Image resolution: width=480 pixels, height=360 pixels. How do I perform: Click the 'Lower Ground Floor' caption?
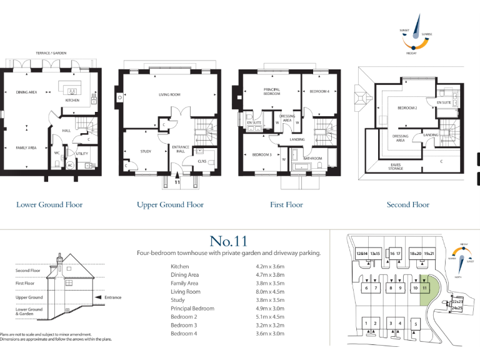[x=49, y=204]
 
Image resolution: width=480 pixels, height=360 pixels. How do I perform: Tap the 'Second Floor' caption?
[x=407, y=204]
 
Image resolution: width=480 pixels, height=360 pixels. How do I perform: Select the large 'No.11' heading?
[x=228, y=241]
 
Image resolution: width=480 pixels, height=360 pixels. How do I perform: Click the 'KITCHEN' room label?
[x=72, y=100]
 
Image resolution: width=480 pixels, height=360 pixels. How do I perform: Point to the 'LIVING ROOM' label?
[x=169, y=95]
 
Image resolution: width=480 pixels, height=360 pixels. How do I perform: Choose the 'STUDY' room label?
[x=146, y=151]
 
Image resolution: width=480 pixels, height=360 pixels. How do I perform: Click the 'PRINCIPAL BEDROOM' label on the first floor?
[x=271, y=91]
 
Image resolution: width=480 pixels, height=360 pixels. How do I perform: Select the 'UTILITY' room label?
[x=82, y=152]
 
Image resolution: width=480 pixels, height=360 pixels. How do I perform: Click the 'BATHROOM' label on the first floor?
[x=312, y=159]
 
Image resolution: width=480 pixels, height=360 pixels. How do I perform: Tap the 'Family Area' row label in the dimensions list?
[x=184, y=283]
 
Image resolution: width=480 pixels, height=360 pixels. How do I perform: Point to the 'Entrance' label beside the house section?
[x=113, y=297]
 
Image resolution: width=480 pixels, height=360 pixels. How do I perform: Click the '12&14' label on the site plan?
[x=361, y=254]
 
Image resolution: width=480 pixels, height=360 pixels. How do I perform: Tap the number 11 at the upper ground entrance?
[x=177, y=184]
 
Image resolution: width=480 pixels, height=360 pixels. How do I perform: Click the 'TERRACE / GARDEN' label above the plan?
[x=51, y=53]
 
